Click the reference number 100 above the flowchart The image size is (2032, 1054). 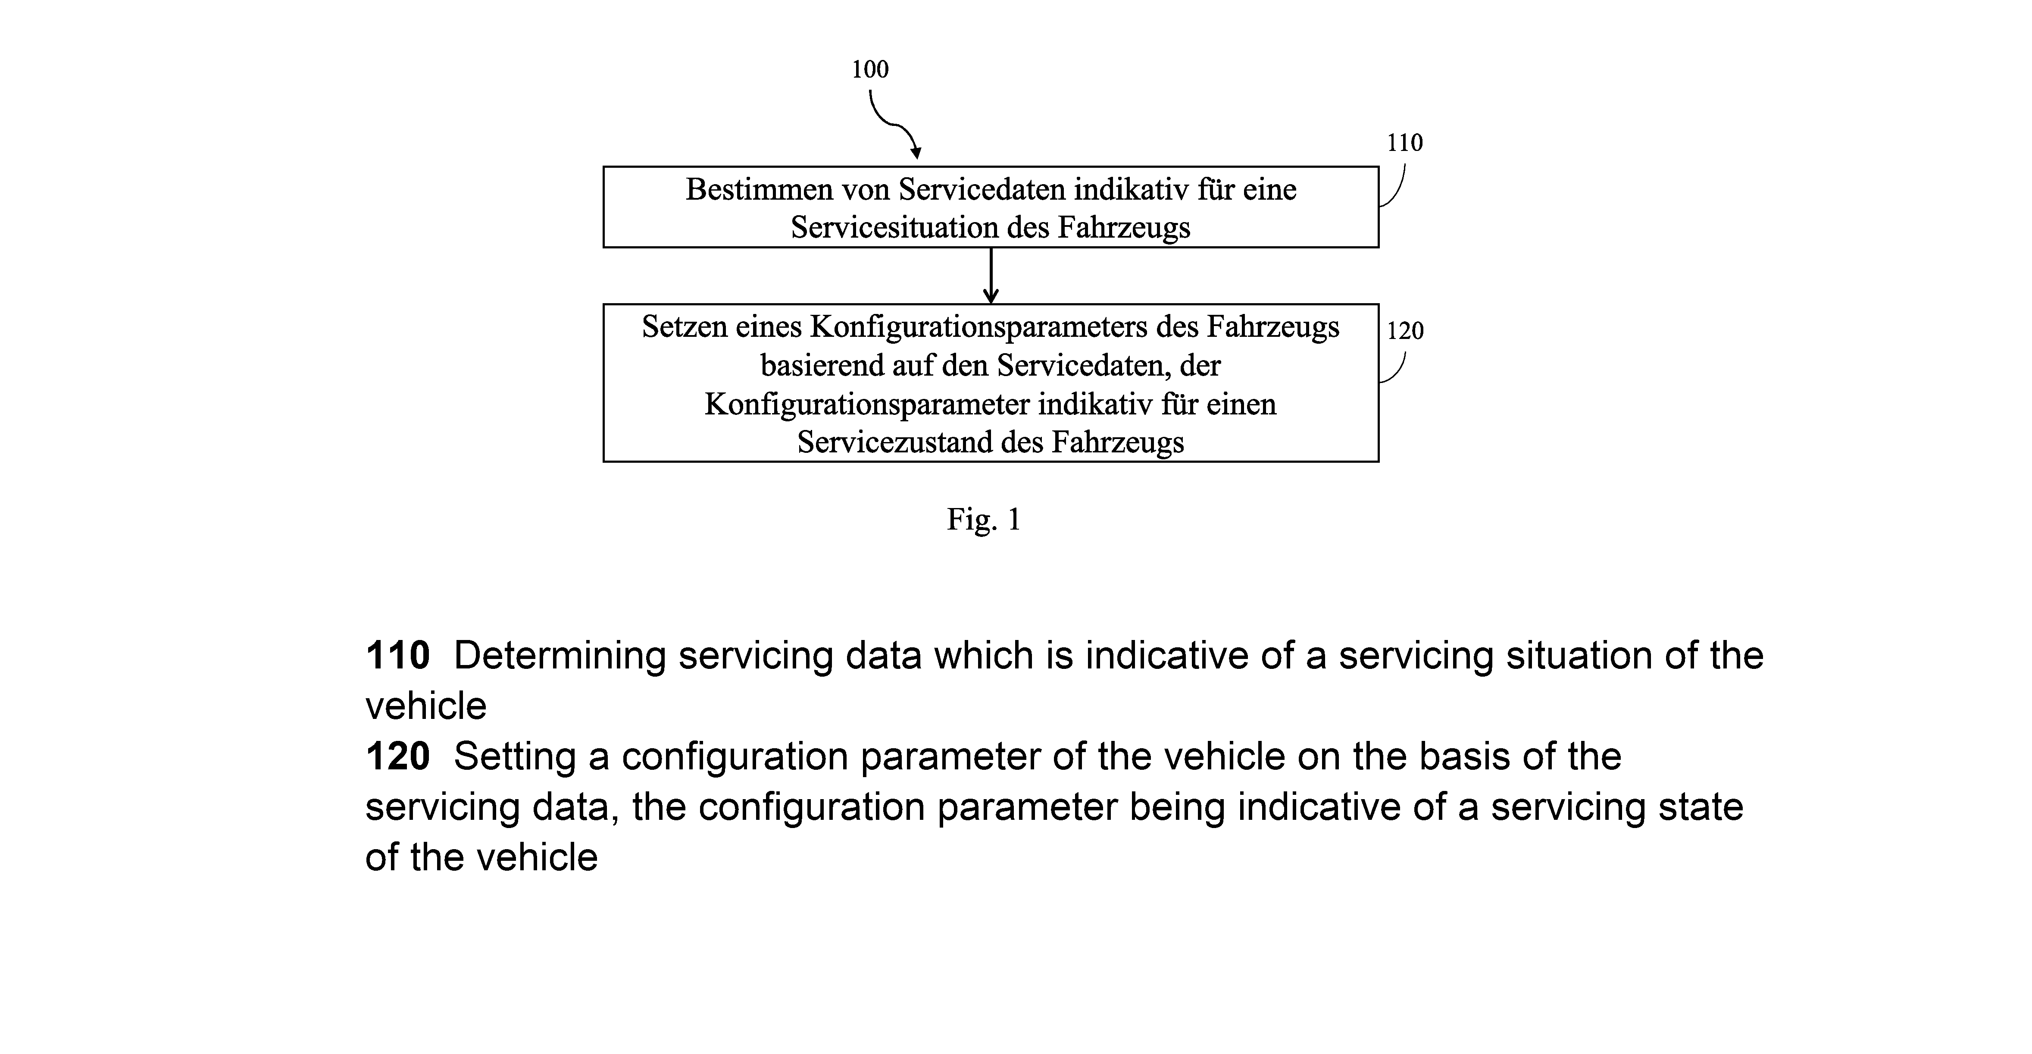[x=869, y=69]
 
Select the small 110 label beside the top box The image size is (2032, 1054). [x=1405, y=143]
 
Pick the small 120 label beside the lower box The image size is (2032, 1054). [x=1405, y=330]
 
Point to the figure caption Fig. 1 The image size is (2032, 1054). [x=984, y=519]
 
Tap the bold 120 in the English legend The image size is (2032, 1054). [x=397, y=756]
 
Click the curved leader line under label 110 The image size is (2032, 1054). [x=1394, y=186]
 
